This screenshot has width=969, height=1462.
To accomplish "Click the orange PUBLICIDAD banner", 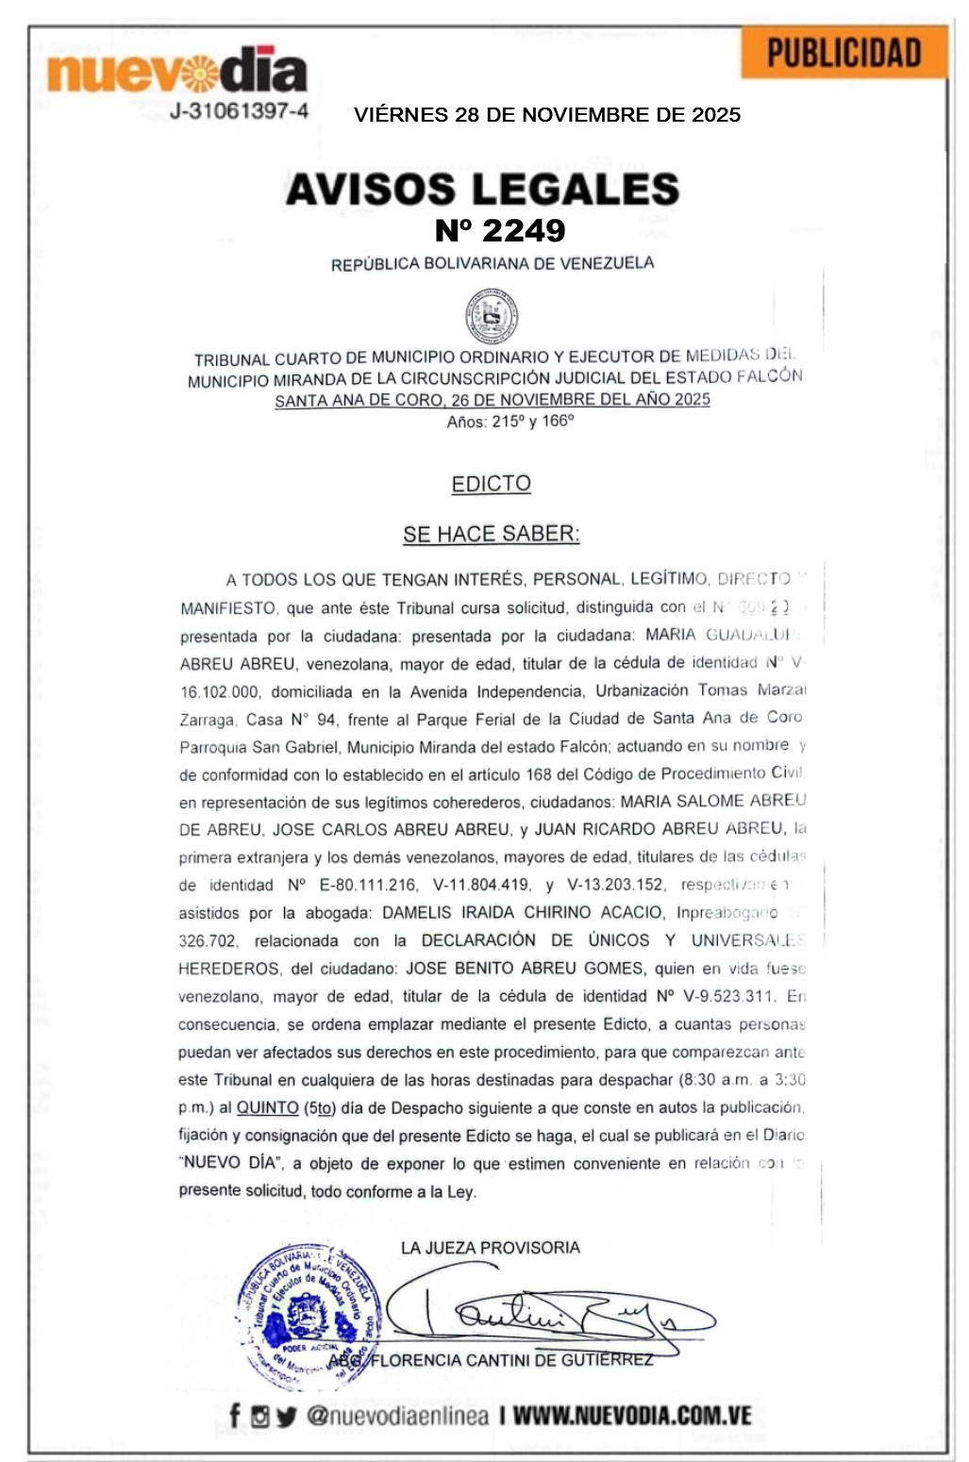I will click(x=844, y=53).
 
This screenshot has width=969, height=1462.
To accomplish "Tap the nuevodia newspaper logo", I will click(x=177, y=70).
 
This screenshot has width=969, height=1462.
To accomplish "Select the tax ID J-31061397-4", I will click(x=239, y=111).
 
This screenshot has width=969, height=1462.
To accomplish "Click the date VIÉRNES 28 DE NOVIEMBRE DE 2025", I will click(x=547, y=115).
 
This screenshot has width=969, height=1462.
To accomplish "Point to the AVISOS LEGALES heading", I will click(x=482, y=189).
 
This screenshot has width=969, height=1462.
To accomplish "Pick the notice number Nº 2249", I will click(x=500, y=230).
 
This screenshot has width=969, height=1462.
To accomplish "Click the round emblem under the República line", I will click(x=492, y=316).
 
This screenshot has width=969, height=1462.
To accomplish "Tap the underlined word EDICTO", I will click(x=491, y=484).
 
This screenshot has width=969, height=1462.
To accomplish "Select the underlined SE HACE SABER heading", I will click(x=491, y=534).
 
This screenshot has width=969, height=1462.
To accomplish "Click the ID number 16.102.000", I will click(x=220, y=691).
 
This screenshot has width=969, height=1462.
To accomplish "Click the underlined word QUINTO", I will click(x=268, y=1107).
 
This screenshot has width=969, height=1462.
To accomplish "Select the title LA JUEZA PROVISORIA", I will click(x=490, y=1248).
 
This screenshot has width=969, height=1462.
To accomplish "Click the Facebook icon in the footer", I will click(x=235, y=1415).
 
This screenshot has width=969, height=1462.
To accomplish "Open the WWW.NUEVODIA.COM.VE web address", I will click(x=632, y=1415).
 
